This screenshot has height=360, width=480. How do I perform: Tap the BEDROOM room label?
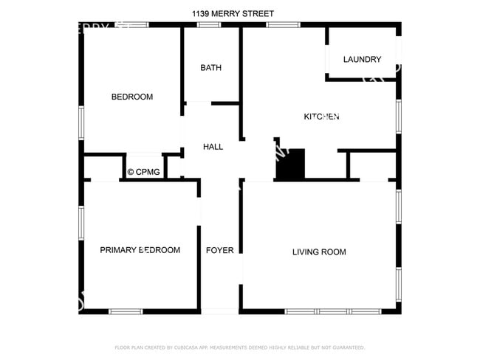tap(132, 97)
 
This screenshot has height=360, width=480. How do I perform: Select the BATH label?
tap(211, 68)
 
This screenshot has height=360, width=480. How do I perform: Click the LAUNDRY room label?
tap(362, 60)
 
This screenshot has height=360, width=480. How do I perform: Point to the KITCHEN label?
tap(322, 117)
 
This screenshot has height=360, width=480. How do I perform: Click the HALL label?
tap(213, 147)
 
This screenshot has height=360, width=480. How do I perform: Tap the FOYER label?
tap(219, 250)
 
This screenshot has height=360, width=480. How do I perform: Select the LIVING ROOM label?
tap(319, 252)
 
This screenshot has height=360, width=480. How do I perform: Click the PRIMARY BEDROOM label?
tap(140, 250)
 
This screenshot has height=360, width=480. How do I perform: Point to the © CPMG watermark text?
tap(145, 172)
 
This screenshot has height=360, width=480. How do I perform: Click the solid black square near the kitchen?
tap(290, 164)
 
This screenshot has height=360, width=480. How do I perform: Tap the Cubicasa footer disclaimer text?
tap(240, 347)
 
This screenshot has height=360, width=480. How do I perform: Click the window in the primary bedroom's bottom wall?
tap(126, 311)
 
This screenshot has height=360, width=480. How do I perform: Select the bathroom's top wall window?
tap(209, 25)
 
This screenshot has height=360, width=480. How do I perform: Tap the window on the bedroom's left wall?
tap(81, 117)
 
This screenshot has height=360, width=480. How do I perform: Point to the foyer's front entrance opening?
tap(219, 311)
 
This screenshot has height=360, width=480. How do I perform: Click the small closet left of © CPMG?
tap(101, 167)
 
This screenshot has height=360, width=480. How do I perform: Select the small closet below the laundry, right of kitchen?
tap(371, 166)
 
